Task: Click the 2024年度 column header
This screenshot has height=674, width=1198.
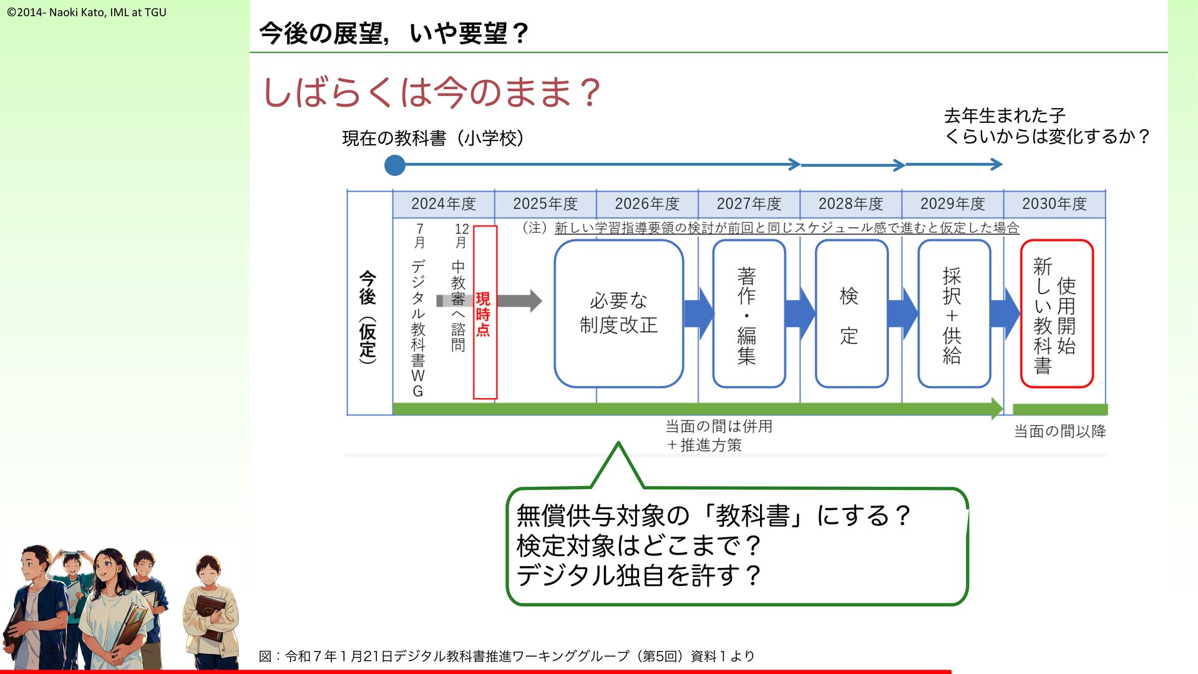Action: (443, 204)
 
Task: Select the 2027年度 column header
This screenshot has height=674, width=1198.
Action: (749, 204)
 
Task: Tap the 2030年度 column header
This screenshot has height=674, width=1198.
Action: (1054, 204)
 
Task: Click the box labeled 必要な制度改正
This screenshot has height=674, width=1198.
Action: (618, 313)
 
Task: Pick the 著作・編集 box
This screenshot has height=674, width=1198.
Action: (748, 313)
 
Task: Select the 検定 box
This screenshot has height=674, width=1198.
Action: (851, 313)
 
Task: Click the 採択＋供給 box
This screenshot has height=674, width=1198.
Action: (953, 313)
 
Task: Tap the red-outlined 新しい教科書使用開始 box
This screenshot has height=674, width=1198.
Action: (1056, 313)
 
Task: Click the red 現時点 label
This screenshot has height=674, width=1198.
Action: (484, 313)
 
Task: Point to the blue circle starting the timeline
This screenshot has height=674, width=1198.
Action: (394, 165)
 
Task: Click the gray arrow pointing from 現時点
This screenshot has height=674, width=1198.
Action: (521, 301)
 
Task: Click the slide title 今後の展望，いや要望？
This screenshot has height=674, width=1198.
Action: (394, 33)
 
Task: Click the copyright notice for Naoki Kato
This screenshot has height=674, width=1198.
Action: (87, 12)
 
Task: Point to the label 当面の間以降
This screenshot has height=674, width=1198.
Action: (1059, 431)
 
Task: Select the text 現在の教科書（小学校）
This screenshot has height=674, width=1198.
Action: (433, 138)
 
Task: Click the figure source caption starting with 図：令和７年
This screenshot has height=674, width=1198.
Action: (507, 656)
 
